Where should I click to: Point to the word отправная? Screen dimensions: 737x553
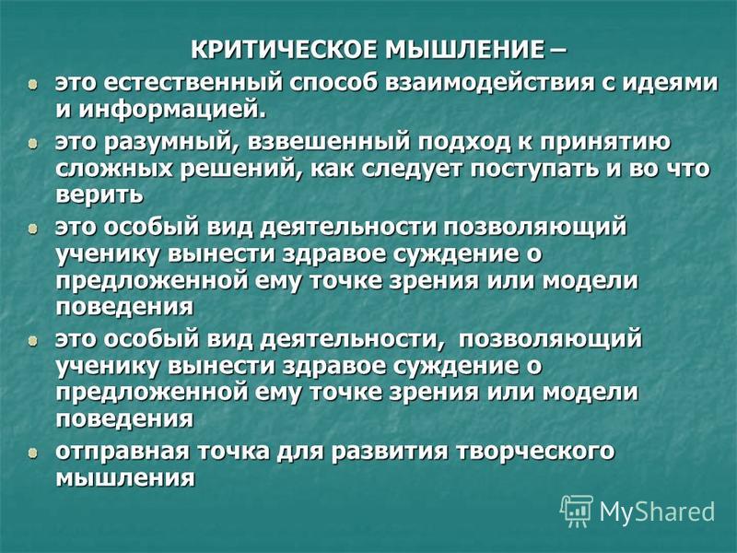[x=120, y=453]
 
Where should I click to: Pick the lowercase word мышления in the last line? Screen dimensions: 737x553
[x=125, y=478]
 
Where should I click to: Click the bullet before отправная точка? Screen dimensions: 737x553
[x=31, y=453]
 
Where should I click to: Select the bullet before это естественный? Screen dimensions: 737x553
[x=31, y=85]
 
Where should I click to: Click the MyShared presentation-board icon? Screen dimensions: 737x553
[x=578, y=511]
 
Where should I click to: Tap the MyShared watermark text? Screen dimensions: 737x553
[x=657, y=512]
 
